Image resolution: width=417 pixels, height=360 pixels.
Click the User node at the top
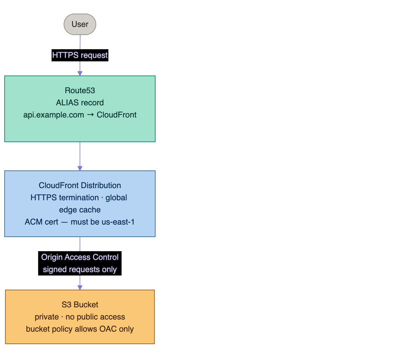point(80,24)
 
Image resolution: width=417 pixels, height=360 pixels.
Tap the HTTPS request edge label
point(80,55)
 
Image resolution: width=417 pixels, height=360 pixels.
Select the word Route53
point(80,91)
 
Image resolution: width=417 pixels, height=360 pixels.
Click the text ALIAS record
point(80,103)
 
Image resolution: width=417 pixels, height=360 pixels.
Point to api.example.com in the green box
point(54,115)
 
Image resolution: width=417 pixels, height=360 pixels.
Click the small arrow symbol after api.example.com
point(90,115)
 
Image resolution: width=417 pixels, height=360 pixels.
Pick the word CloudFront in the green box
point(117,115)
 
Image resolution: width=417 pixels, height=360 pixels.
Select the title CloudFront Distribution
point(80,185)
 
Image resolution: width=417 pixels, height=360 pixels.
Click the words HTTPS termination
point(65,198)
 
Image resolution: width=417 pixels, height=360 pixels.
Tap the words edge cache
point(80,210)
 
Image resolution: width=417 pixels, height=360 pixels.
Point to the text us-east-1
point(118,222)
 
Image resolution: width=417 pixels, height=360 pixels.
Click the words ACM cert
point(42,222)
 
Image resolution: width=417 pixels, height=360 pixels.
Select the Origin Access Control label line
point(80,257)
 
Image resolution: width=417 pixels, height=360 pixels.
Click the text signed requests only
point(80,269)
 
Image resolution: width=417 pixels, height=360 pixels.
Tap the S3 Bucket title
point(80,304)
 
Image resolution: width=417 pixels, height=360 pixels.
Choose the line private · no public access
point(80,317)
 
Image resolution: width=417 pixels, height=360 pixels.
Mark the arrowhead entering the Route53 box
point(80,74)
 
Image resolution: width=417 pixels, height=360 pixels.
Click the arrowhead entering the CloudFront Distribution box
point(80,168)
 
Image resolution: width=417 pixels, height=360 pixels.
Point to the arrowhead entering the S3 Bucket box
point(80,288)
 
